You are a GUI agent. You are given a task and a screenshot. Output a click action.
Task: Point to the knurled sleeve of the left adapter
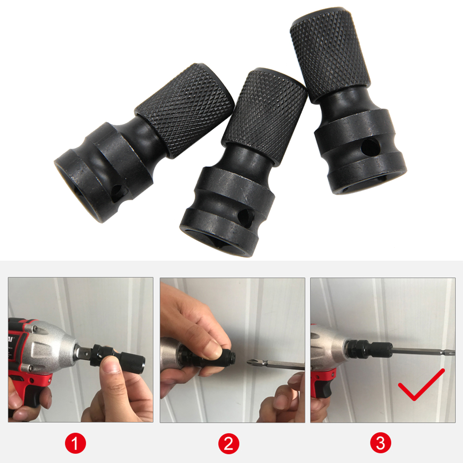[x=185, y=109]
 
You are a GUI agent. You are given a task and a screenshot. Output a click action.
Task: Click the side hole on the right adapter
[x=369, y=148]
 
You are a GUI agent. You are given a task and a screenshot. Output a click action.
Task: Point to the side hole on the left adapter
[x=117, y=191]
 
